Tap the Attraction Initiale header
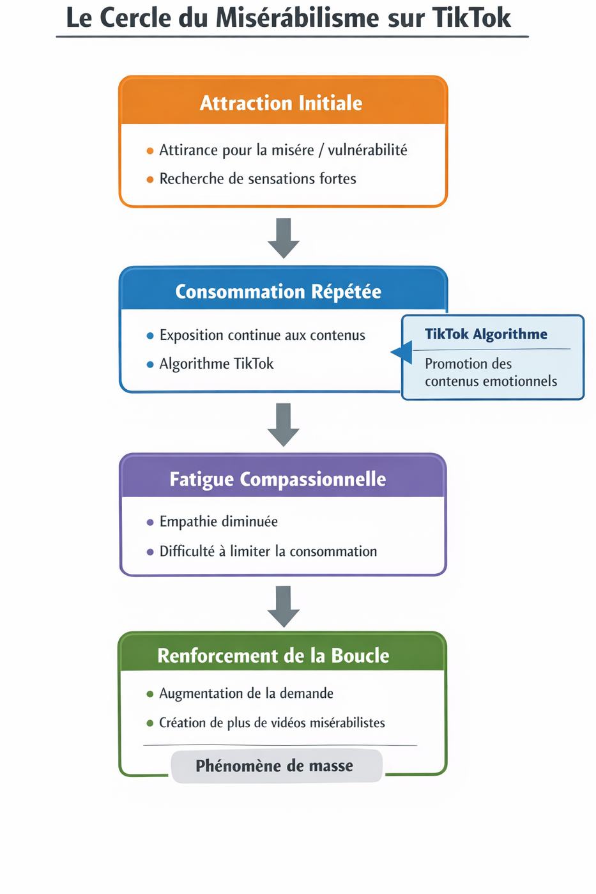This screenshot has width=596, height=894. click(281, 103)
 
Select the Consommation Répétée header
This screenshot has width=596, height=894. click(278, 292)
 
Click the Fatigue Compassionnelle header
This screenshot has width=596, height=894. click(277, 479)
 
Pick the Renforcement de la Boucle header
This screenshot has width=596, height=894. click(273, 656)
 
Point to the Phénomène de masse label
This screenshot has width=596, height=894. click(274, 766)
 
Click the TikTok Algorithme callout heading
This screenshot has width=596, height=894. click(485, 334)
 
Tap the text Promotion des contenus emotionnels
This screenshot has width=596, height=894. click(490, 373)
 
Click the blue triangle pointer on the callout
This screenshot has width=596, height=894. click(402, 352)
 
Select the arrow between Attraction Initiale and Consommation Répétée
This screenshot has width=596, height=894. click(284, 238)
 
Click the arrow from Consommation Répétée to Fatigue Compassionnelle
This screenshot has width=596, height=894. click(284, 424)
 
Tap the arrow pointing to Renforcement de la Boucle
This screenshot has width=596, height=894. click(284, 606)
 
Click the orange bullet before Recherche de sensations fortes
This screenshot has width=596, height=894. click(150, 180)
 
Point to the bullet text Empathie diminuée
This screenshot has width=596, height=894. click(218, 521)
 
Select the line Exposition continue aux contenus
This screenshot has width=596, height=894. click(262, 335)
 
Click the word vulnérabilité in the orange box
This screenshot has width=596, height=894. click(367, 150)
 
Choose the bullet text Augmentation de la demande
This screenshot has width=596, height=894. click(246, 693)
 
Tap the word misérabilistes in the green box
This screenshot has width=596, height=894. click(345, 723)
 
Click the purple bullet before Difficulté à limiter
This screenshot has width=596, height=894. click(150, 552)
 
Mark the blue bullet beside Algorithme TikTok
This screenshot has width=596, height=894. click(150, 365)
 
